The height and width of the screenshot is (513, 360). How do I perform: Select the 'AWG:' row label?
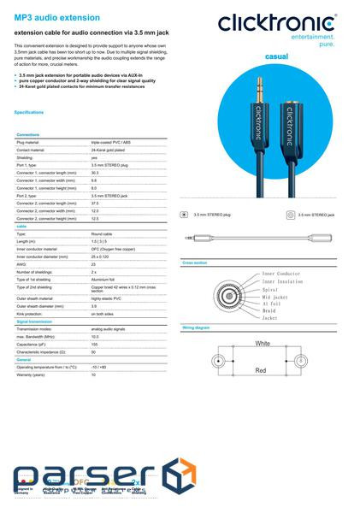point(22,264)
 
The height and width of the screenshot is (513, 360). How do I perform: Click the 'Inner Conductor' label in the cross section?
point(281,274)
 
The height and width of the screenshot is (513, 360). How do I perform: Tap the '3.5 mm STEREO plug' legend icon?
point(185,215)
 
